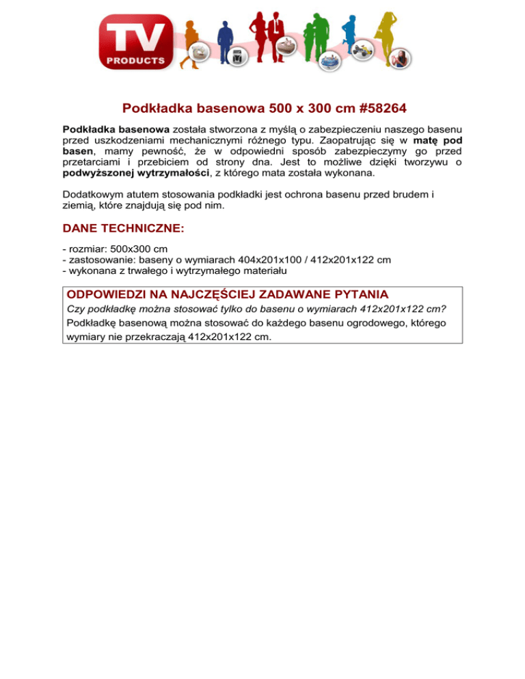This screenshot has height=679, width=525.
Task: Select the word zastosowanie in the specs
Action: point(99,260)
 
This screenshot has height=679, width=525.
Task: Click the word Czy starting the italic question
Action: point(75,309)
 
